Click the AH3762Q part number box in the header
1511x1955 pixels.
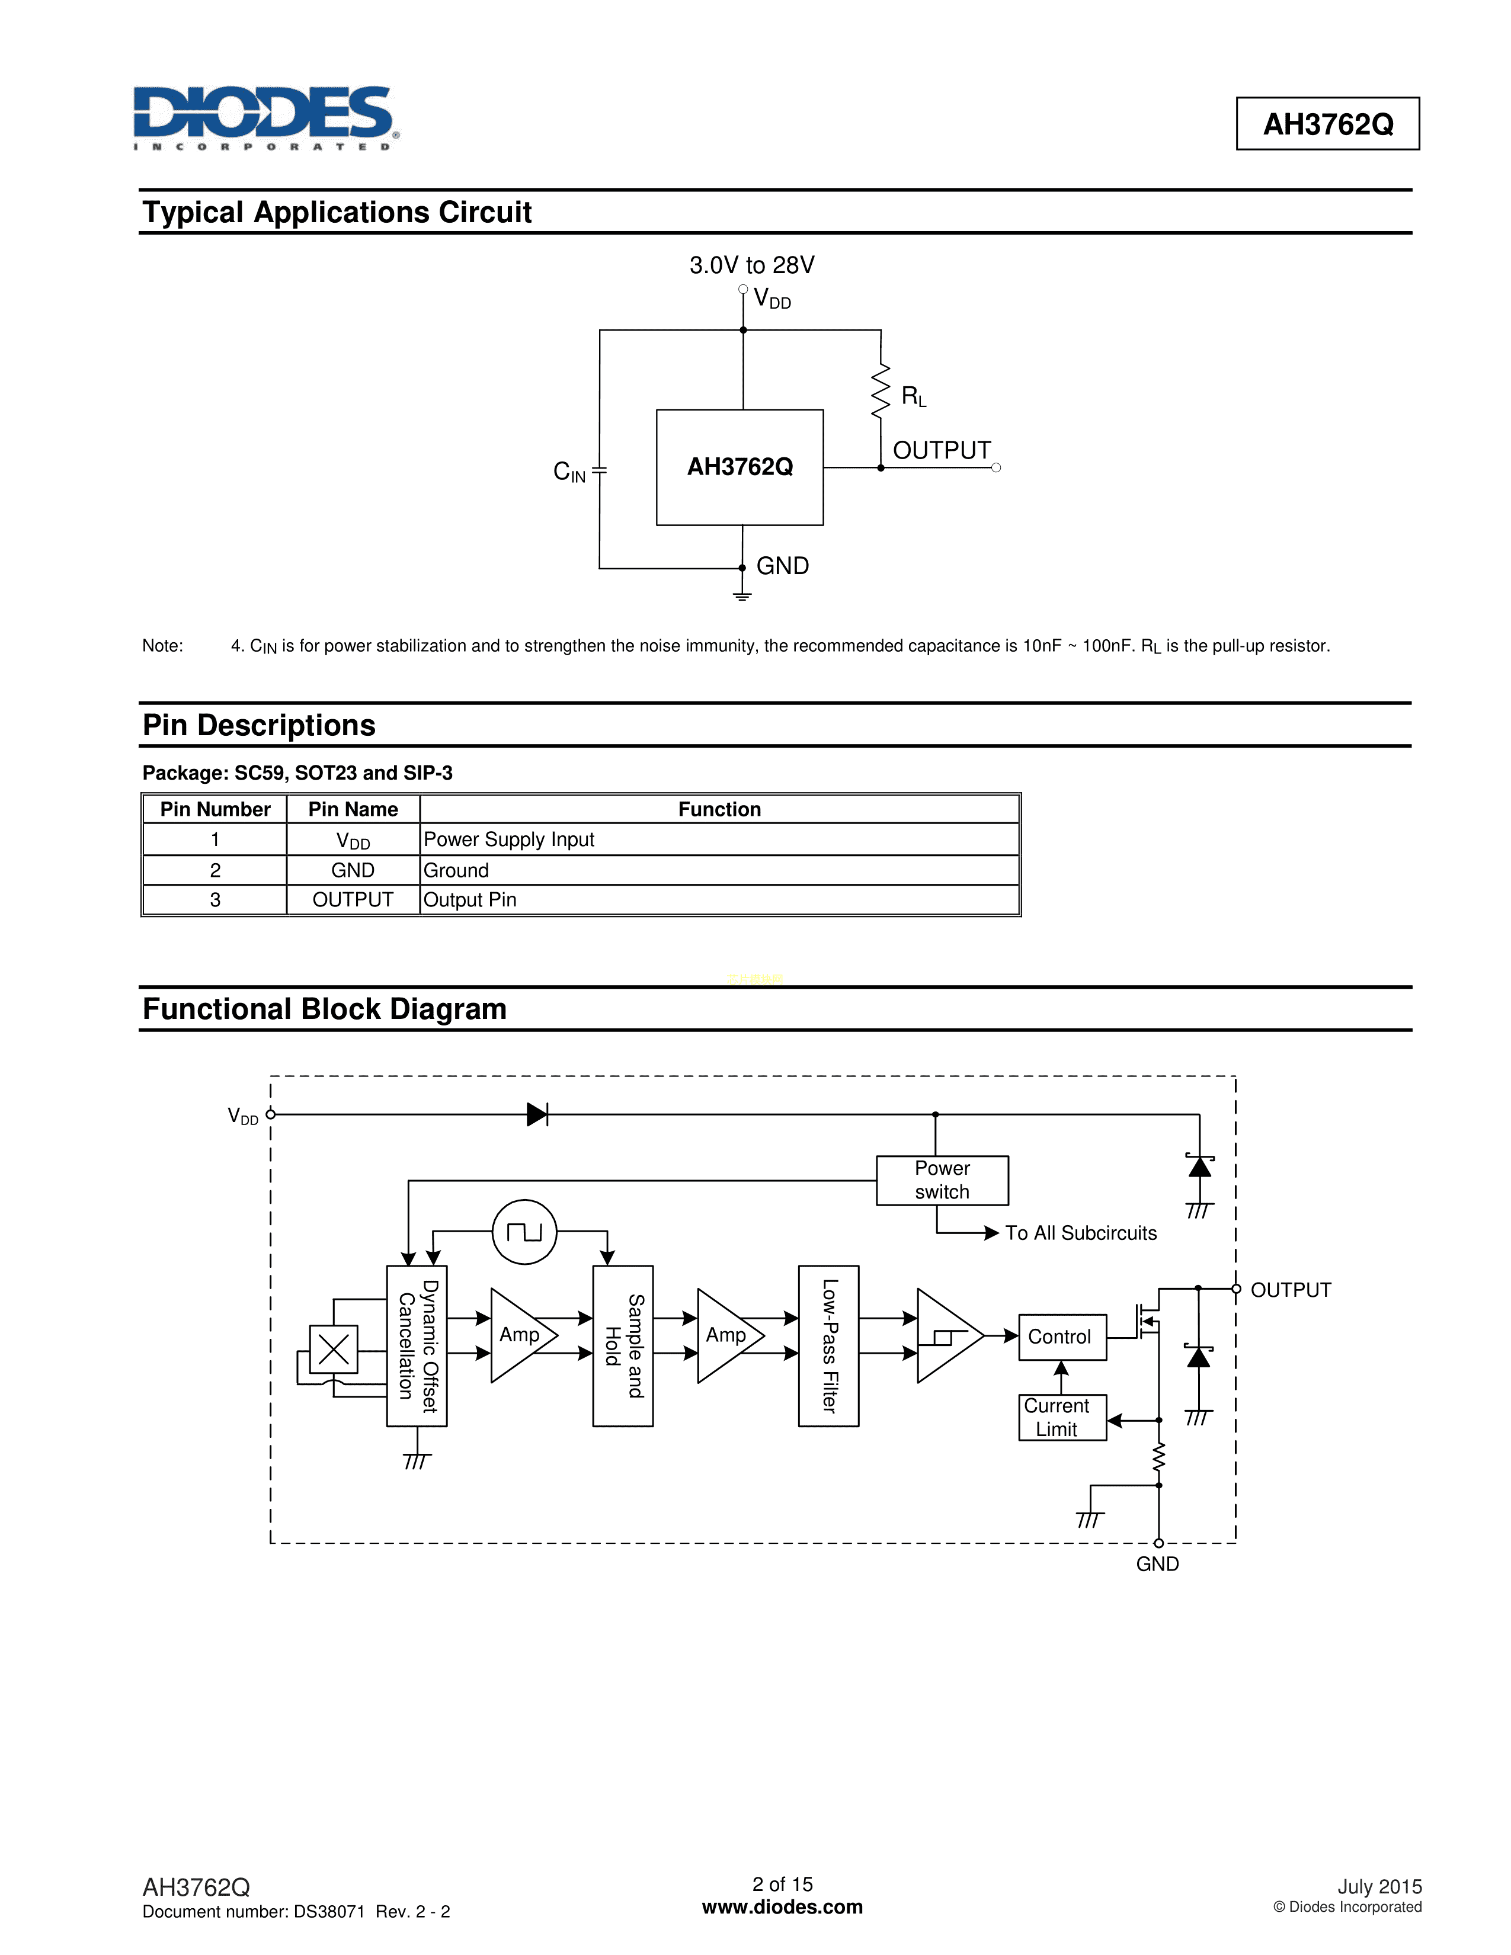click(1327, 124)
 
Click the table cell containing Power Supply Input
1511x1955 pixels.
click(719, 839)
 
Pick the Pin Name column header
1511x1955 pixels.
click(353, 809)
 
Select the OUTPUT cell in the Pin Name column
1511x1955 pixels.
click(353, 900)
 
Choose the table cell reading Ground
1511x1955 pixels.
click(719, 870)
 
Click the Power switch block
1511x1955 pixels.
click(942, 1180)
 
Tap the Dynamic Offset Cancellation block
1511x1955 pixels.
click(417, 1345)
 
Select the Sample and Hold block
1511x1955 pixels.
click(623, 1345)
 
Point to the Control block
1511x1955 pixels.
click(1062, 1337)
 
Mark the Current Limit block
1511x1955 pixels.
click(1062, 1417)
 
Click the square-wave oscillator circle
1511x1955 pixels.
click(524, 1232)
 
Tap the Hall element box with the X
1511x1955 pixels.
click(333, 1349)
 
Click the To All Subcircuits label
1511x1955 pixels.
click(1080, 1233)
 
